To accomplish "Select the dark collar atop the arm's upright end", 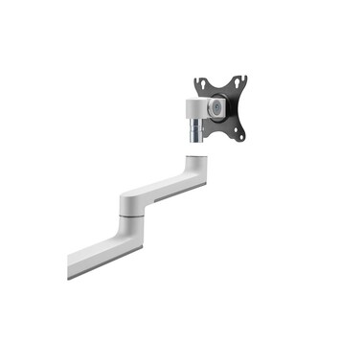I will [x=194, y=152].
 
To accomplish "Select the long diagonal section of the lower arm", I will [x=96, y=248].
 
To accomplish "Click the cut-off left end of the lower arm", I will [x=72, y=265].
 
